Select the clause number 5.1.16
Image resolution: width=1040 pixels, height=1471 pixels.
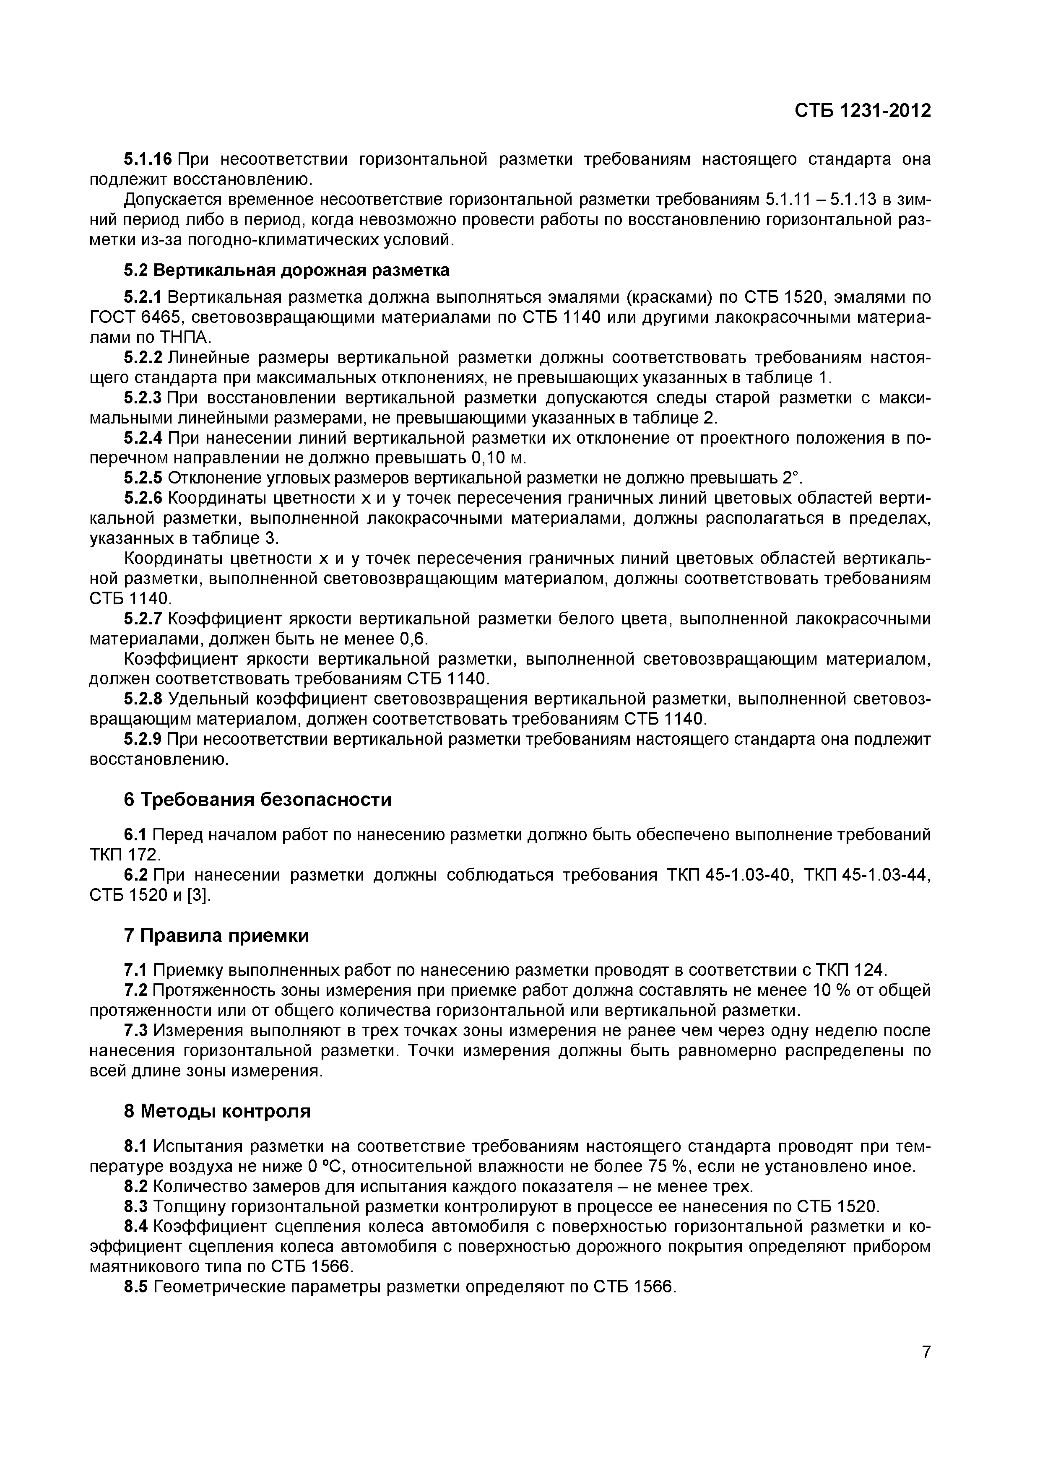[x=147, y=159]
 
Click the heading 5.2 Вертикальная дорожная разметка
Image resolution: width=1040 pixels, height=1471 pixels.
[x=286, y=270]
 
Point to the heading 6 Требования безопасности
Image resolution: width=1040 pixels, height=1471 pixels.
[x=257, y=800]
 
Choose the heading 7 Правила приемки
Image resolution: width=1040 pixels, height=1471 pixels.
[x=216, y=936]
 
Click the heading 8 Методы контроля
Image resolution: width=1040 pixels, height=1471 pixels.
[x=216, y=1110]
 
